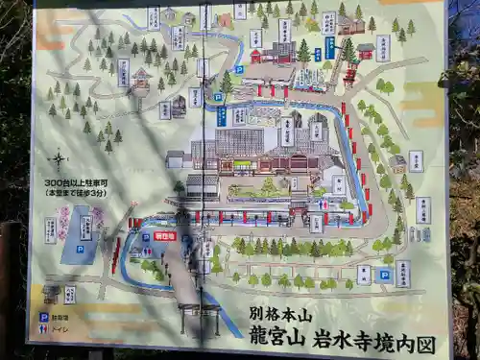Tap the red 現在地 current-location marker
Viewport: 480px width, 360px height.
pyautogui.click(x=164, y=235)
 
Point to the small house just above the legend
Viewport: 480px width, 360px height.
pyautogui.click(x=51, y=291)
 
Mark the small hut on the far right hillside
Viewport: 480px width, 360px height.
pyautogui.click(x=395, y=163)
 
